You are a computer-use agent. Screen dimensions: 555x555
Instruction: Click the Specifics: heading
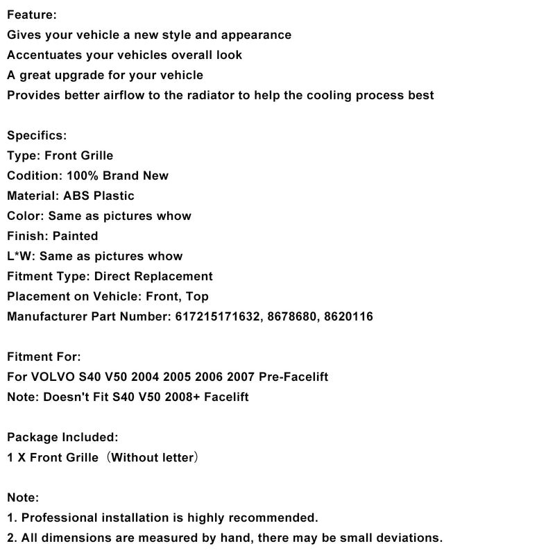37,135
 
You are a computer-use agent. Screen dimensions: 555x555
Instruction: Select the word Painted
75,236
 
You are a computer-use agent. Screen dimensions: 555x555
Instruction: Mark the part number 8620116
350,316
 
